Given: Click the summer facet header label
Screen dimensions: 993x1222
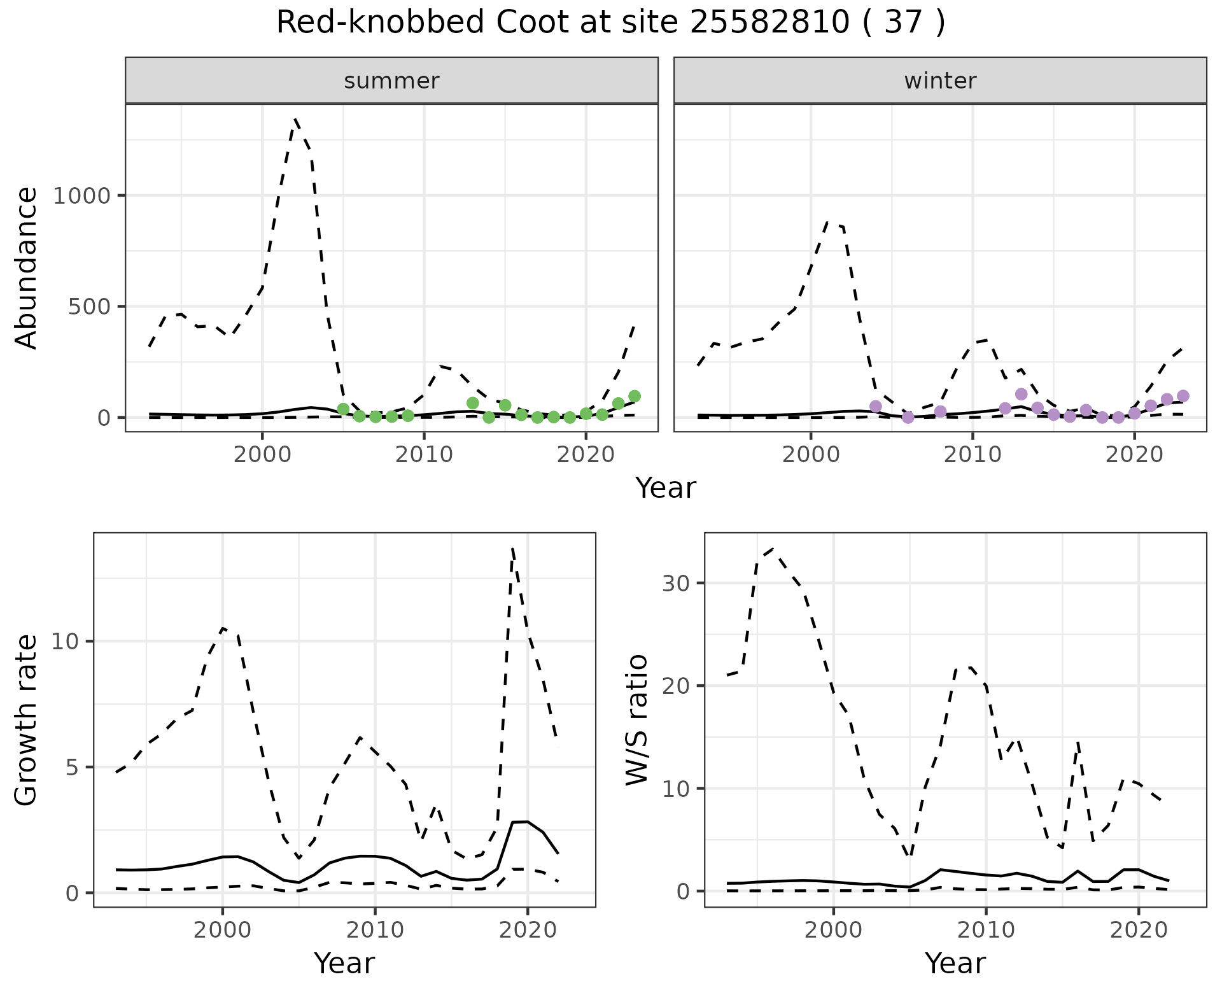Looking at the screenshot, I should (391, 81).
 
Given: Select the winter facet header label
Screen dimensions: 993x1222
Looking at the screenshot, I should (940, 81).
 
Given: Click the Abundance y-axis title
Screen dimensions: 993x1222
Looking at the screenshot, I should (27, 267).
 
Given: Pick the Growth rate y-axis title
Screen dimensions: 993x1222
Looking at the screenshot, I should (27, 719).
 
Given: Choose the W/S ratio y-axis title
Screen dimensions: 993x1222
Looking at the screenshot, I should (636, 719).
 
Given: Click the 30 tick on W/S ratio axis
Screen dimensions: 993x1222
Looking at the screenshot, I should (676, 583).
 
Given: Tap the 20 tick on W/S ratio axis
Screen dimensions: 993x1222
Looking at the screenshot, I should (676, 686).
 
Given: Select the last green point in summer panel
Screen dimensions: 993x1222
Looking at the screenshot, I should (634, 396).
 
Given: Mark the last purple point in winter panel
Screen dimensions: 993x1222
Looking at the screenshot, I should (1183, 396).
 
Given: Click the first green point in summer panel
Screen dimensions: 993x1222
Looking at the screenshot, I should (343, 409).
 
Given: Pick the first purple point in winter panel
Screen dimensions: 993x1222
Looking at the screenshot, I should (875, 406).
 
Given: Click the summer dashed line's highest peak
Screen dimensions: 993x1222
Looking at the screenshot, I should (295, 119).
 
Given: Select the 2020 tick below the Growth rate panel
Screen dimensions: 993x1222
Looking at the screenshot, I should (527, 930).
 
